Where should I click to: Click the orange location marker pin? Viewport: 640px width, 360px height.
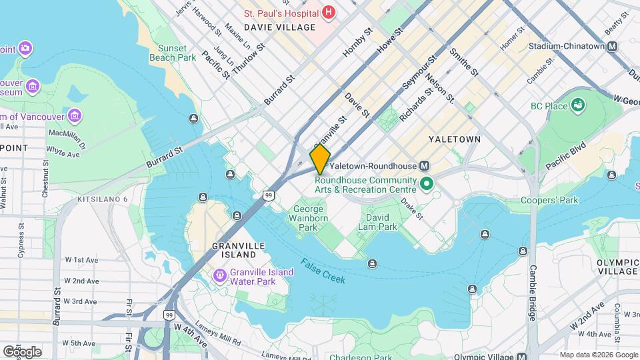click(x=320, y=159)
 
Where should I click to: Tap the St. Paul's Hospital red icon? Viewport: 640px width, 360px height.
click(x=327, y=12)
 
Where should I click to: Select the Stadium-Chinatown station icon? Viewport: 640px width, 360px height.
click(x=612, y=47)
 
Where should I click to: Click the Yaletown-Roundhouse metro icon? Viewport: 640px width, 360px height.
click(x=424, y=165)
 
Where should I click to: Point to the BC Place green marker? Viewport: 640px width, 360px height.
click(x=578, y=105)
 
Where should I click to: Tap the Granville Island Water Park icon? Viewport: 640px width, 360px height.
click(x=219, y=275)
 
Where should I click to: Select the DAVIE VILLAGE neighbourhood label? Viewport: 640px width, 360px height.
click(x=279, y=27)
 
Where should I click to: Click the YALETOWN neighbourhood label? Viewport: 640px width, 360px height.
click(x=454, y=139)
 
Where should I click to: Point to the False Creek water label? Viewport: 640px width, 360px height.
click(x=323, y=271)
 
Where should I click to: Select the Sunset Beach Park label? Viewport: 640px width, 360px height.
click(x=177, y=53)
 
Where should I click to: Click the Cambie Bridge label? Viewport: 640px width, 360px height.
click(x=533, y=293)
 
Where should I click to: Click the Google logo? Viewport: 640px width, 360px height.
click(x=22, y=351)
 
